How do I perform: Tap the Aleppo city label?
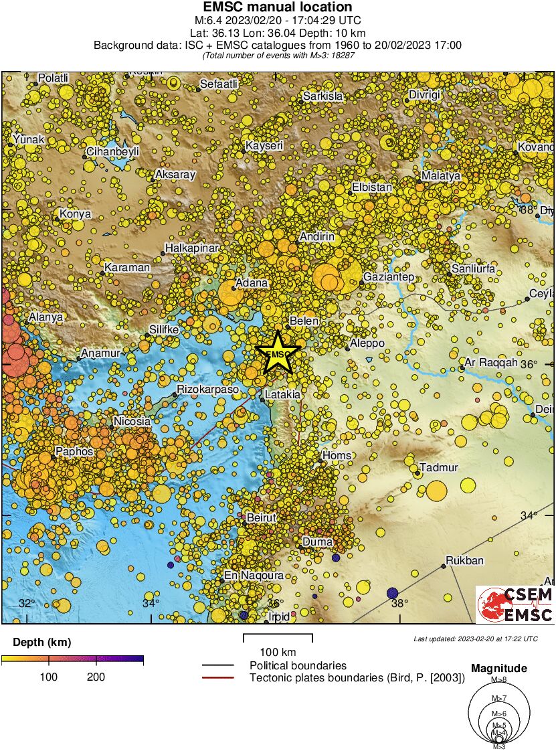click(x=367, y=343)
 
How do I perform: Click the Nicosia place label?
click(x=132, y=422)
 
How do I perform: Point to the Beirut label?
click(x=262, y=517)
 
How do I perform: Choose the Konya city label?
click(x=75, y=214)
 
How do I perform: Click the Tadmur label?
click(x=438, y=467)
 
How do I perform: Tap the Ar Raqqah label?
click(x=491, y=362)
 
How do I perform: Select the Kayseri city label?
click(x=264, y=145)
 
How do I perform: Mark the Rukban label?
click(x=464, y=561)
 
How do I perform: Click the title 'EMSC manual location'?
click(x=277, y=7)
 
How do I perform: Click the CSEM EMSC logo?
click(x=515, y=605)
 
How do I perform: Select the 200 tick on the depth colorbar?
click(x=96, y=677)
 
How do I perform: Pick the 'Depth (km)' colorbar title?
click(x=41, y=643)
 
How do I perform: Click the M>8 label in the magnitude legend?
click(x=499, y=680)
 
